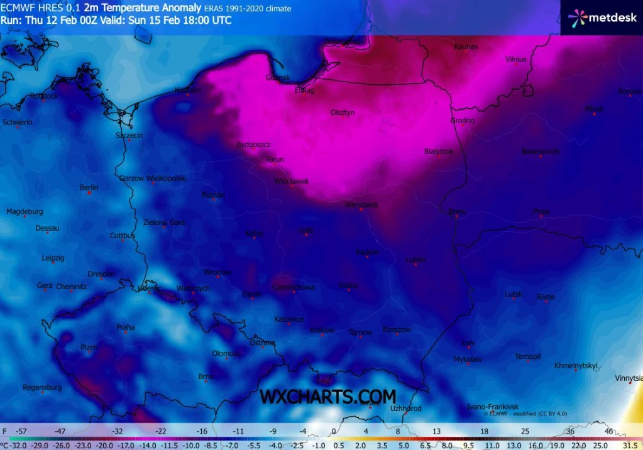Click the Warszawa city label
coord(361,205)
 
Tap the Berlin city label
coord(89,187)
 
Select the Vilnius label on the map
coord(515,59)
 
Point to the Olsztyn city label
coord(343,112)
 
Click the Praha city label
coord(125,327)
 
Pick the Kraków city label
coord(322,330)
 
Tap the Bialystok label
coord(439,151)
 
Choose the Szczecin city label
coord(129,135)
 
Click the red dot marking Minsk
coord(594,114)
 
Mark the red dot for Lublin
coord(415,265)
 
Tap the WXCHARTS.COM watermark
coord(327,397)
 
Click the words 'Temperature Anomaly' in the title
coord(142,8)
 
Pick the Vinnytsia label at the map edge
coord(629,378)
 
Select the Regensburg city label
coord(42,387)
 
